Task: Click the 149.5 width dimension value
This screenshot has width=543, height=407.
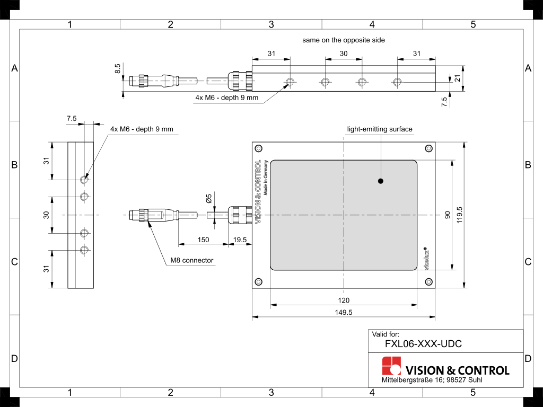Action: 343,312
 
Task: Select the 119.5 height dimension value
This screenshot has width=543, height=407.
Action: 460,215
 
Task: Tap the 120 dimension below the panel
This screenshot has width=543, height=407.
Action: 344,300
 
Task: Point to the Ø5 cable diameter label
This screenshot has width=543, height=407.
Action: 208,199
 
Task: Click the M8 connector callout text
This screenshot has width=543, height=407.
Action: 191,260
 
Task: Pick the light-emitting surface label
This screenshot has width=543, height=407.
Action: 380,129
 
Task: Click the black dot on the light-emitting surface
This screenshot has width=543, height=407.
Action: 381,181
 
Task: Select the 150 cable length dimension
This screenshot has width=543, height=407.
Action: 203,240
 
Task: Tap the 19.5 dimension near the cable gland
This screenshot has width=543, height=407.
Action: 240,240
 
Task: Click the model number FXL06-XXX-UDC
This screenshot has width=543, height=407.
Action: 423,344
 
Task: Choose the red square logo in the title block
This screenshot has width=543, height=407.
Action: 391,366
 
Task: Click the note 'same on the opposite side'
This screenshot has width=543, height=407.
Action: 344,40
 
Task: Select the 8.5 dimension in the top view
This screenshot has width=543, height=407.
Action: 117,68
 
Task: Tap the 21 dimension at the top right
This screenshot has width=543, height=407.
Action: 458,78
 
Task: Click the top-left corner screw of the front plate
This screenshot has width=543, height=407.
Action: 258,148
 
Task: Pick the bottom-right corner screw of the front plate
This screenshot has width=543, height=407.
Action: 428,281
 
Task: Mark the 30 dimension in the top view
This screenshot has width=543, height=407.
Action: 343,54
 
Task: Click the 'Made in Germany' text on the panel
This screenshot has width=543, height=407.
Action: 266,178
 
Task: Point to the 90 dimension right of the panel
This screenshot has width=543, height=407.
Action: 448,215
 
